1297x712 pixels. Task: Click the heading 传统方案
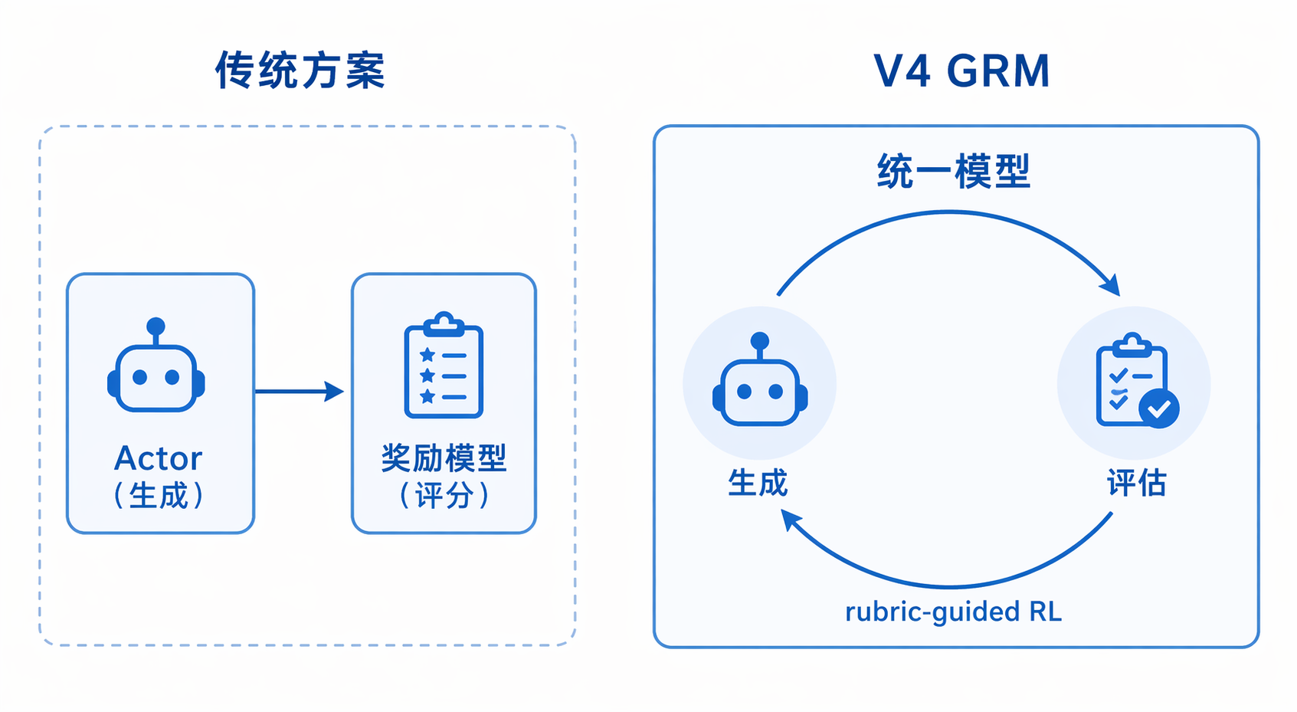point(300,70)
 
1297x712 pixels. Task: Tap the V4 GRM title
point(961,71)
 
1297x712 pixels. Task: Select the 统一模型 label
point(954,171)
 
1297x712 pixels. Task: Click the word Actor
point(158,458)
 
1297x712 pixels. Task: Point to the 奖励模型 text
point(444,458)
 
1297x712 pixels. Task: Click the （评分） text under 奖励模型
point(444,495)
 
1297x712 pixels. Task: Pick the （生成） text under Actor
point(158,495)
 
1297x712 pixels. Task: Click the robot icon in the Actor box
point(156,365)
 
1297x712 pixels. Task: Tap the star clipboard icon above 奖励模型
point(444,365)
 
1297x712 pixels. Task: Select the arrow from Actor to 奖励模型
point(300,392)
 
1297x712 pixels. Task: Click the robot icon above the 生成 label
point(760,379)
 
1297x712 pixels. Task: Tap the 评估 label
point(1137,483)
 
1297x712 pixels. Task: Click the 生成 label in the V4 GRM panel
point(758,483)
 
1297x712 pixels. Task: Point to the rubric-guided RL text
point(954,612)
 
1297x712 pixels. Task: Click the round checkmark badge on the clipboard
point(1158,408)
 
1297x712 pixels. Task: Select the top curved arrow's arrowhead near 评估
point(1111,285)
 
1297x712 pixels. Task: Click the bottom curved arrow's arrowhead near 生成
point(791,520)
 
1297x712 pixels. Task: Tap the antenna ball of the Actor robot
point(156,326)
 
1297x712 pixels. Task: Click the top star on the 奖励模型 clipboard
point(427,355)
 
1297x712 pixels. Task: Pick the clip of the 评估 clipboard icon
point(1132,344)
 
